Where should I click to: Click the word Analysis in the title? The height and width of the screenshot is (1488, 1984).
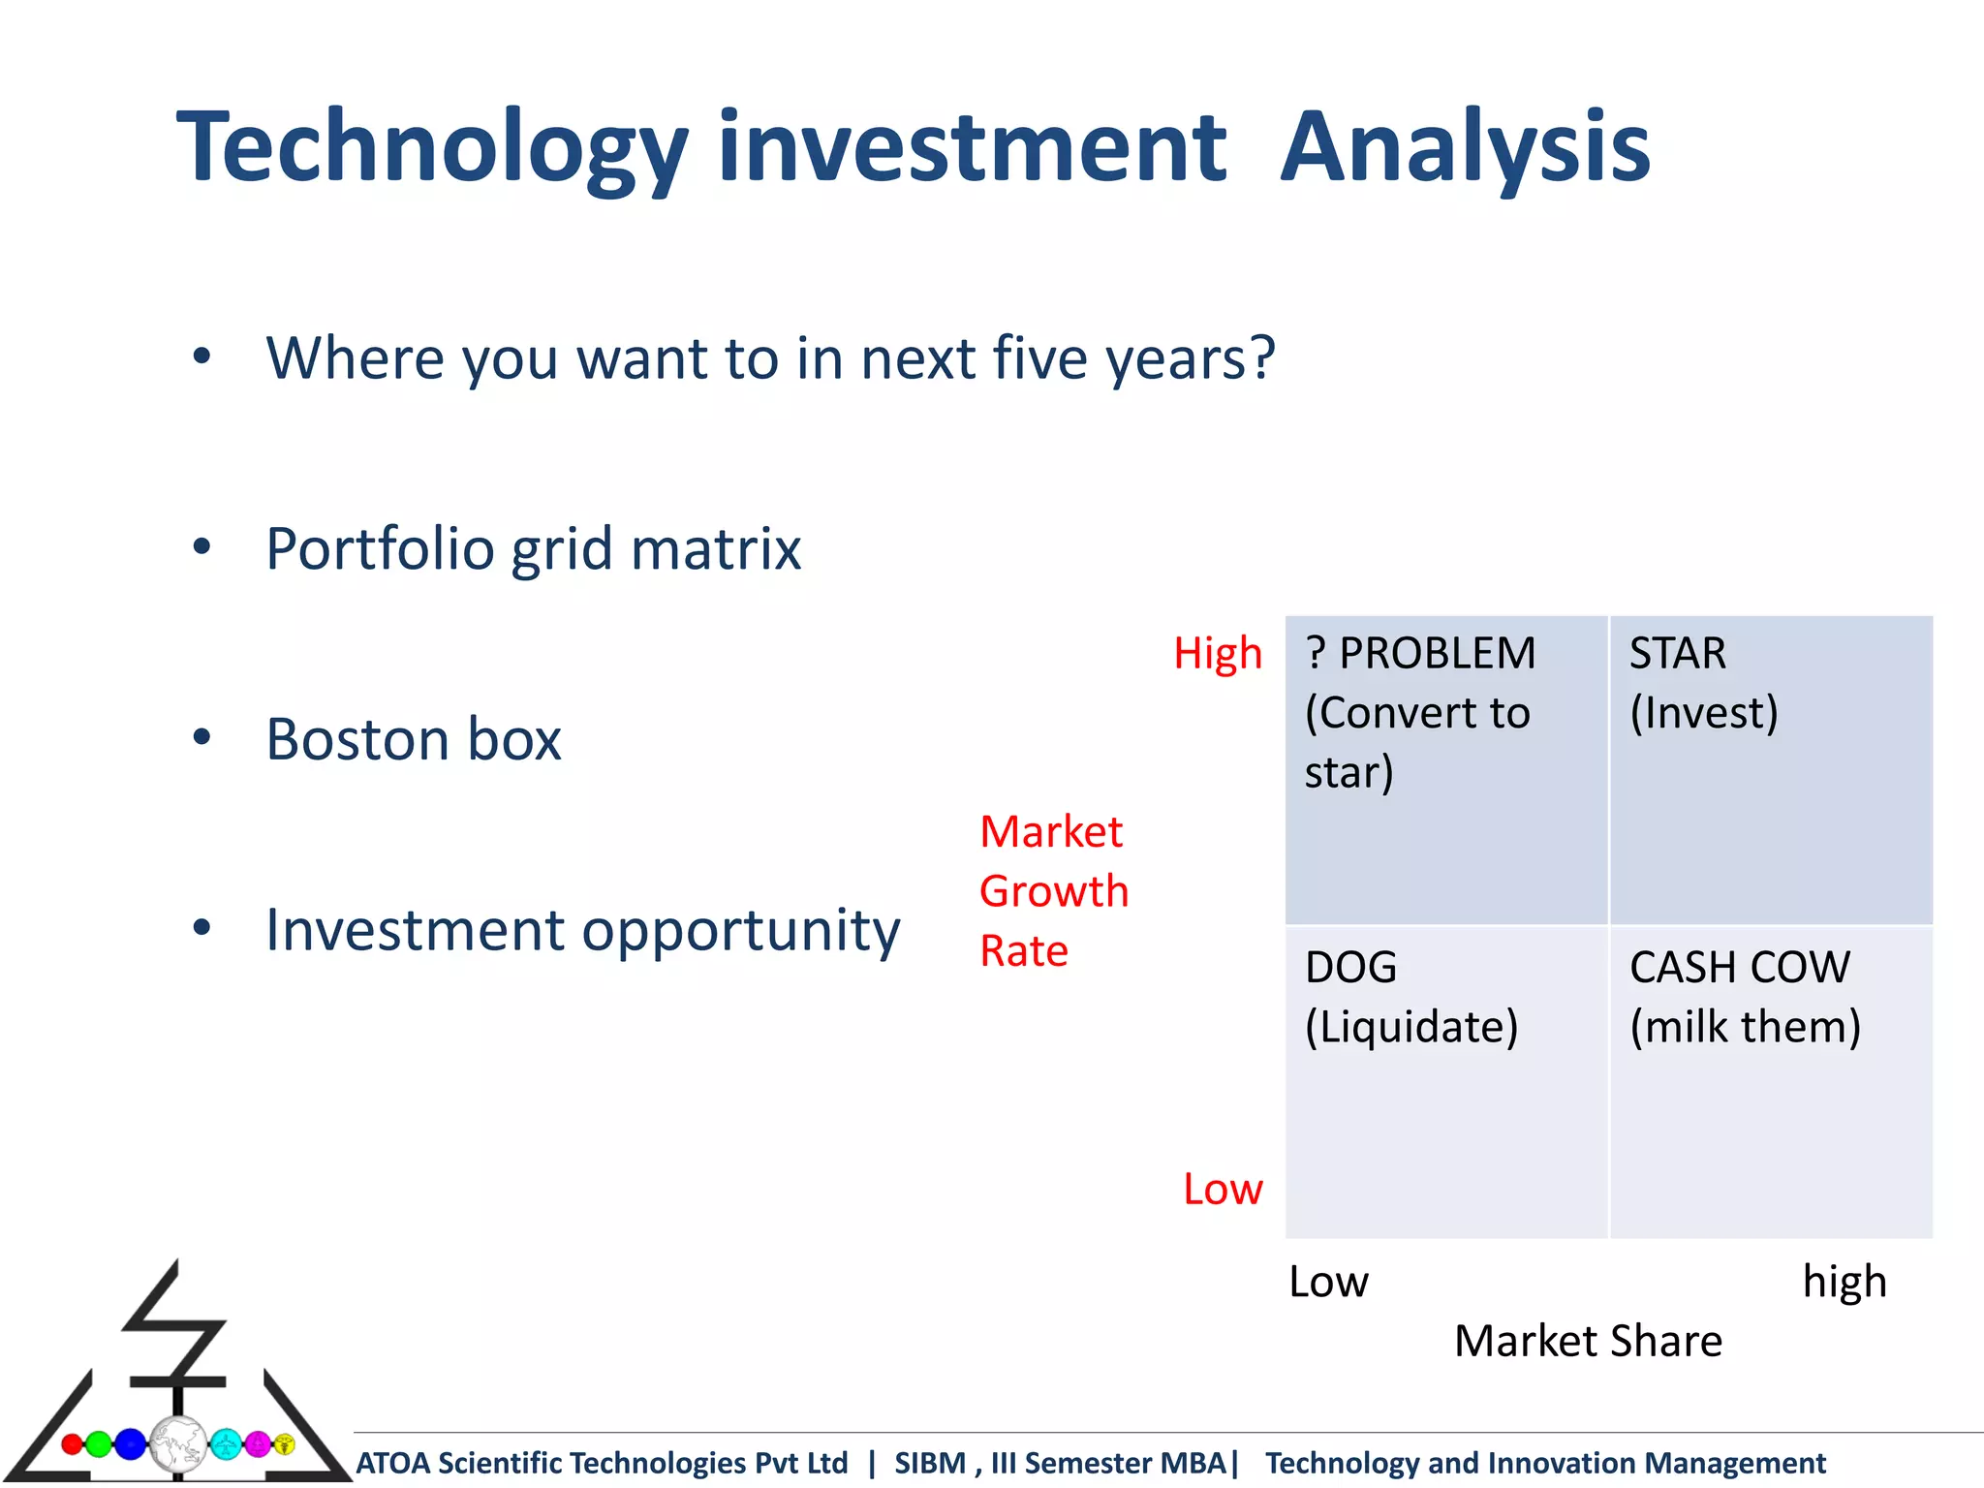pos(1465,147)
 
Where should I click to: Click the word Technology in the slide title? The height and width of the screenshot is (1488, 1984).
pos(431,147)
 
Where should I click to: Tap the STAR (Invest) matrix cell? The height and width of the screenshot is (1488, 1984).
pos(1771,770)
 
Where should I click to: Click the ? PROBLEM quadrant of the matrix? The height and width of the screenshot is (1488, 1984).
pos(1445,770)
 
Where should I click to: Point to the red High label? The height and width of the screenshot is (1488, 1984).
pos(1218,654)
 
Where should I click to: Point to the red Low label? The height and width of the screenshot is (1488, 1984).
pos(1223,1189)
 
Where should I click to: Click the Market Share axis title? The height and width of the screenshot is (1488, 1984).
pos(1588,1342)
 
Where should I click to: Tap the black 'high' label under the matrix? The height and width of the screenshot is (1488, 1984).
pos(1844,1282)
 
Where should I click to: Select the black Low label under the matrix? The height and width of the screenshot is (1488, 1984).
pos(1328,1282)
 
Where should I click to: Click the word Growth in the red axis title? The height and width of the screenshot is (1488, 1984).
pos(1054,891)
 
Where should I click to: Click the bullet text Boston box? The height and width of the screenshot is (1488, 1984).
pos(414,739)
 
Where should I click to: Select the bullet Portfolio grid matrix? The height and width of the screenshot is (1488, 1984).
pos(533,549)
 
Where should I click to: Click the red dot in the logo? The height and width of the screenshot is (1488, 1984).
pos(72,1444)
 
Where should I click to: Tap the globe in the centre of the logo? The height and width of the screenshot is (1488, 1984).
pos(177,1444)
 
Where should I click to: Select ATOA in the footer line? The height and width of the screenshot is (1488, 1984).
pos(392,1463)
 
